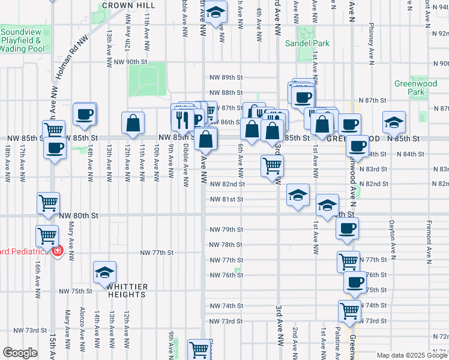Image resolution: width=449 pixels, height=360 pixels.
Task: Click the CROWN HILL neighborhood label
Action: point(124,5)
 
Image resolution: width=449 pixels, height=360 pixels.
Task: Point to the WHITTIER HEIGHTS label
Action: point(127,290)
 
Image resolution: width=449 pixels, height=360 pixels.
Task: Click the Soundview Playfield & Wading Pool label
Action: point(22,40)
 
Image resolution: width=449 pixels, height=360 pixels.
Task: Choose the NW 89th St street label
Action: point(226,77)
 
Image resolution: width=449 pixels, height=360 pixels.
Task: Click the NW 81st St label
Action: point(226,199)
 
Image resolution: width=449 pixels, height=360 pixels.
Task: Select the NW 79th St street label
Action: point(226,230)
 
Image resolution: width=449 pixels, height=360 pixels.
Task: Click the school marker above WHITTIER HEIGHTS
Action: point(105,272)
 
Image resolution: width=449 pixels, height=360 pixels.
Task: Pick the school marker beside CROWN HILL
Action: point(217,10)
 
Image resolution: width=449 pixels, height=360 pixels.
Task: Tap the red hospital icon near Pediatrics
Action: point(58,250)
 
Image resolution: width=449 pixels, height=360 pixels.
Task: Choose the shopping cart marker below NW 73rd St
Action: point(198,349)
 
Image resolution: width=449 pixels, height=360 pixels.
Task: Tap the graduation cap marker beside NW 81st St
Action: point(298,195)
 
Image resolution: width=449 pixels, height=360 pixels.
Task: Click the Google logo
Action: point(20,353)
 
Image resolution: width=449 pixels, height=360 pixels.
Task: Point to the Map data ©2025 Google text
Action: point(411,355)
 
